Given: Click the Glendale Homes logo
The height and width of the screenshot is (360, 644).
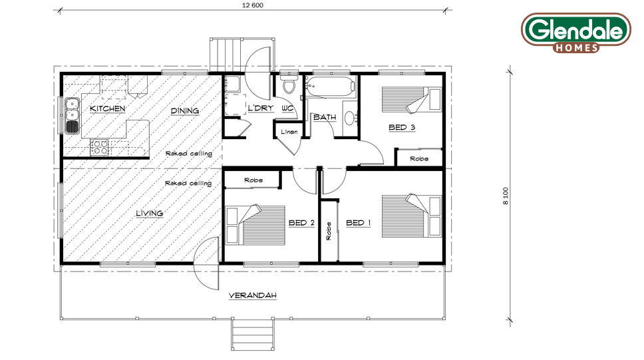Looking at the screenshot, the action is [x=576, y=33].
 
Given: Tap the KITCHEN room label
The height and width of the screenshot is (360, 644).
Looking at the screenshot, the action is [x=108, y=108].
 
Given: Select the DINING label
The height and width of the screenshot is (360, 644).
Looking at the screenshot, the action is [x=185, y=110].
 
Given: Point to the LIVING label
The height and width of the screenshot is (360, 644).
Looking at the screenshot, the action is [x=150, y=213].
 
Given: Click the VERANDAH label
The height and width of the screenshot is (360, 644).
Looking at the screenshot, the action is [x=253, y=295].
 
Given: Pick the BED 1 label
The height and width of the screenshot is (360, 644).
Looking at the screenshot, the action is [x=359, y=223].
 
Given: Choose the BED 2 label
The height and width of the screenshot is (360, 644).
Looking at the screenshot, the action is [x=301, y=223].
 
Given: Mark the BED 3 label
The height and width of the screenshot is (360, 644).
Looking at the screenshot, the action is [x=402, y=127].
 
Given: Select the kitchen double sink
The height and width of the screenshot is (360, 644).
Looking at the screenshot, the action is [x=72, y=116].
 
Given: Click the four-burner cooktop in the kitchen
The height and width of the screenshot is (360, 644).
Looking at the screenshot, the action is [x=99, y=147].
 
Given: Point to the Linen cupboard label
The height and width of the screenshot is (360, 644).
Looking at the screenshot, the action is [x=289, y=132].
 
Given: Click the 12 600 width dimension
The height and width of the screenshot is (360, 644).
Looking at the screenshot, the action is [x=253, y=5].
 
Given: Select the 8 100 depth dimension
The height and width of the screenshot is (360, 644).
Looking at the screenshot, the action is [x=506, y=196].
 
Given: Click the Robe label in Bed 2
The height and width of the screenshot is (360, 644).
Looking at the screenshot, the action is [x=253, y=180].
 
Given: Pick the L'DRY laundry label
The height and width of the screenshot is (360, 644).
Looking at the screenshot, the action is [x=261, y=108].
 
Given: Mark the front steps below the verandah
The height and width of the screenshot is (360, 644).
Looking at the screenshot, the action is [x=253, y=335].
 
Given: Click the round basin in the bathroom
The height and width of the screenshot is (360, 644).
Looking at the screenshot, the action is [x=351, y=118].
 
